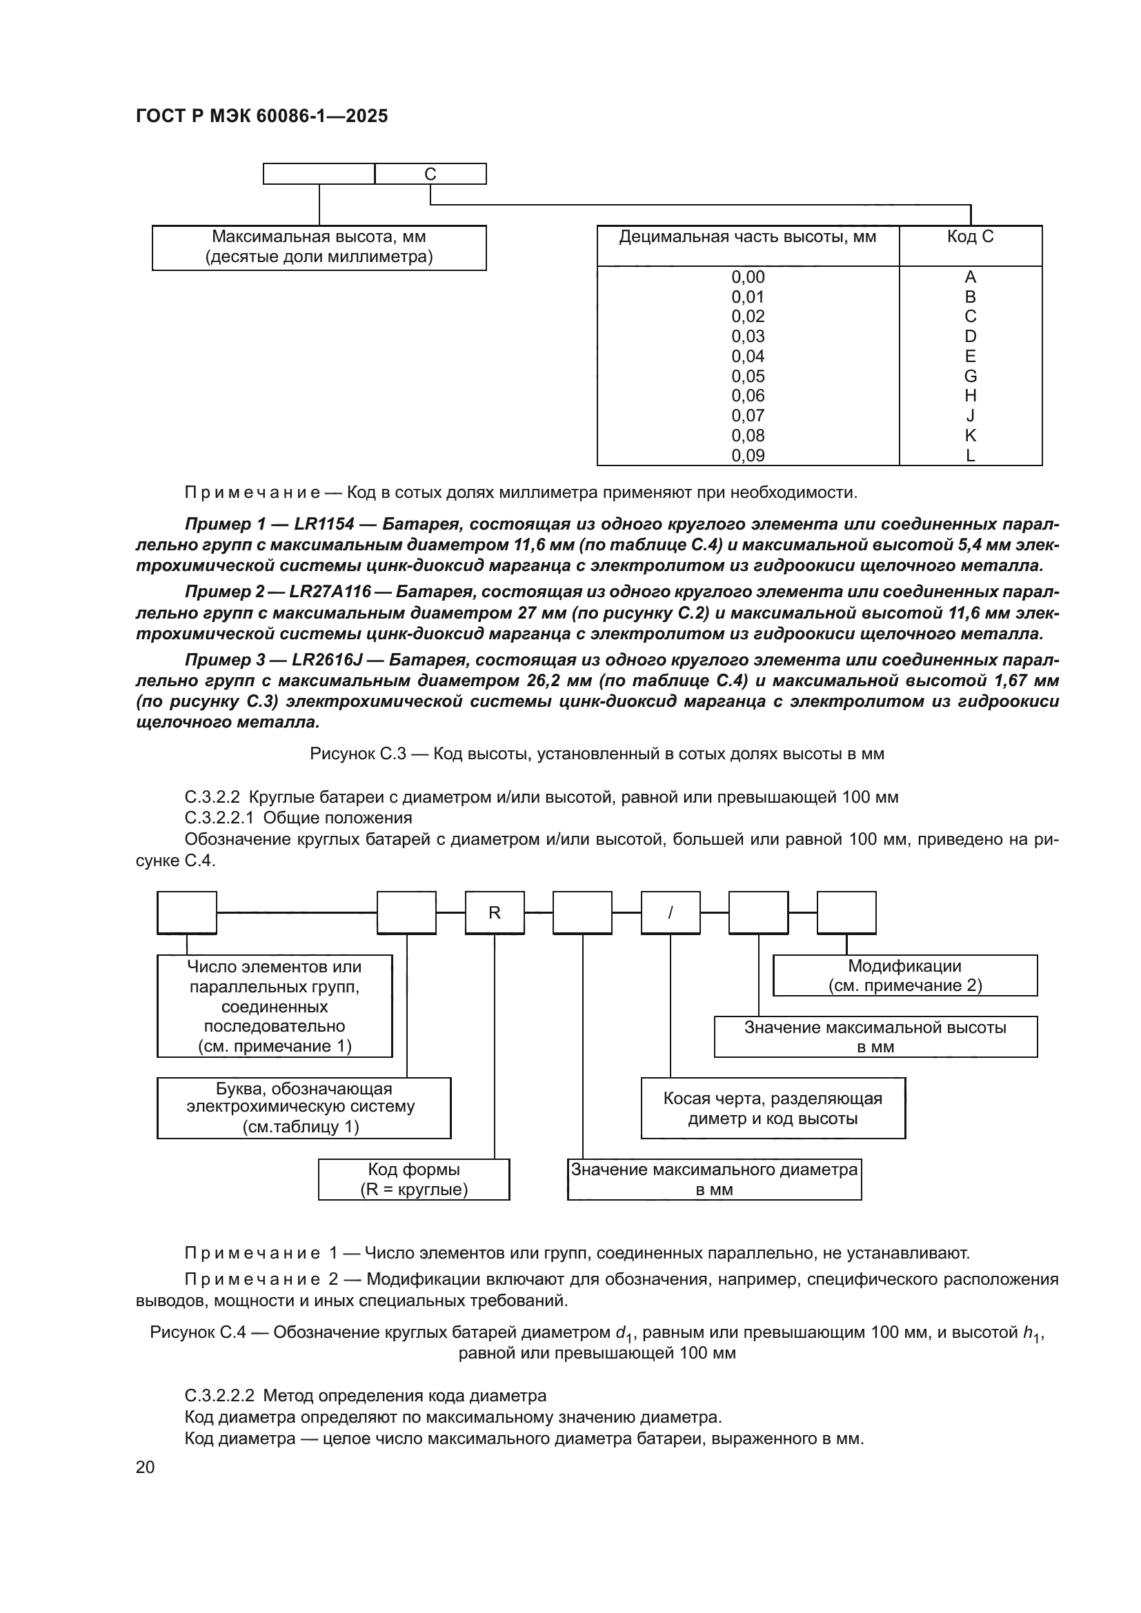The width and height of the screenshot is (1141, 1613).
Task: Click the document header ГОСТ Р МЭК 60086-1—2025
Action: click(261, 117)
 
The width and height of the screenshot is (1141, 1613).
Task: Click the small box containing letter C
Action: click(430, 174)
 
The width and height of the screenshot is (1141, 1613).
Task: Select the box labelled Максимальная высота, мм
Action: click(319, 248)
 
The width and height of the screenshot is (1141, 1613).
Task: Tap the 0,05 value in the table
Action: click(748, 376)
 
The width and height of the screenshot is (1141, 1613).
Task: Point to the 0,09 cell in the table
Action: click(748, 455)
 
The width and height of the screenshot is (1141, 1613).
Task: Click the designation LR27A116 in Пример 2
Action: click(330, 592)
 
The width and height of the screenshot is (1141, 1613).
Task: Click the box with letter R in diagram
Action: click(494, 912)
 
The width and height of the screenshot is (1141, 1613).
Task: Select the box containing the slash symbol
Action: click(670, 912)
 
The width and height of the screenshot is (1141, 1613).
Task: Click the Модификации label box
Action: click(904, 975)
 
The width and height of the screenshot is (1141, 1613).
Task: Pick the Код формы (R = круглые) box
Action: click(414, 1179)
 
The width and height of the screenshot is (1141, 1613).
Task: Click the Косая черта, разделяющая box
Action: click(772, 1108)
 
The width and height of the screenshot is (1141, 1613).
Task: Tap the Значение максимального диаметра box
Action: click(714, 1179)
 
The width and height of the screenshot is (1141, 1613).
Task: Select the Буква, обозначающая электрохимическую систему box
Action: click(304, 1108)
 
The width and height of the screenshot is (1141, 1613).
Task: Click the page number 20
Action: click(146, 1467)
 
